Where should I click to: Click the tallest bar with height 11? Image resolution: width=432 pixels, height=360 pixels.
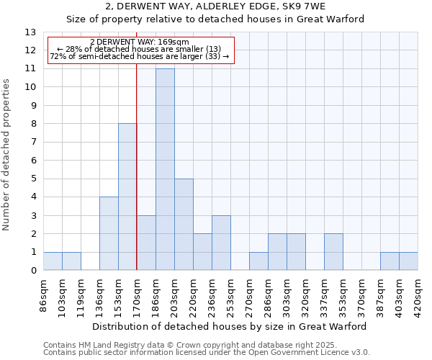[165, 169]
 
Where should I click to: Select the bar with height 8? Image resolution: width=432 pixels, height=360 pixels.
[127, 197]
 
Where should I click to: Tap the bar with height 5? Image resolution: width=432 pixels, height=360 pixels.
[184, 224]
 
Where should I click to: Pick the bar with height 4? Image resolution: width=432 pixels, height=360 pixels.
[109, 233]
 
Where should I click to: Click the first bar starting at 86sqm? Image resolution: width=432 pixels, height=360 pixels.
[53, 261]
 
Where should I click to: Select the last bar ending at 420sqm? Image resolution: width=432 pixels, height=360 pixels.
[408, 261]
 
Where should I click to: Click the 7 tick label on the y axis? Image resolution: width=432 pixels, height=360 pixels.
[33, 142]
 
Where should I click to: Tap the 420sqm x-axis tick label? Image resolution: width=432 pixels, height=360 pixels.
[418, 293]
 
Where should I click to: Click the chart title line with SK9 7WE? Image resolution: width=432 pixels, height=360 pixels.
[215, 6]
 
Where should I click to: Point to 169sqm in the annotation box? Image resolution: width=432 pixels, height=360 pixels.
[176, 42]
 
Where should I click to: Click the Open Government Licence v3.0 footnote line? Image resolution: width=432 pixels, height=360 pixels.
[207, 352]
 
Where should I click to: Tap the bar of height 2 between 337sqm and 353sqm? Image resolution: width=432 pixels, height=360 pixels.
[333, 251]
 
